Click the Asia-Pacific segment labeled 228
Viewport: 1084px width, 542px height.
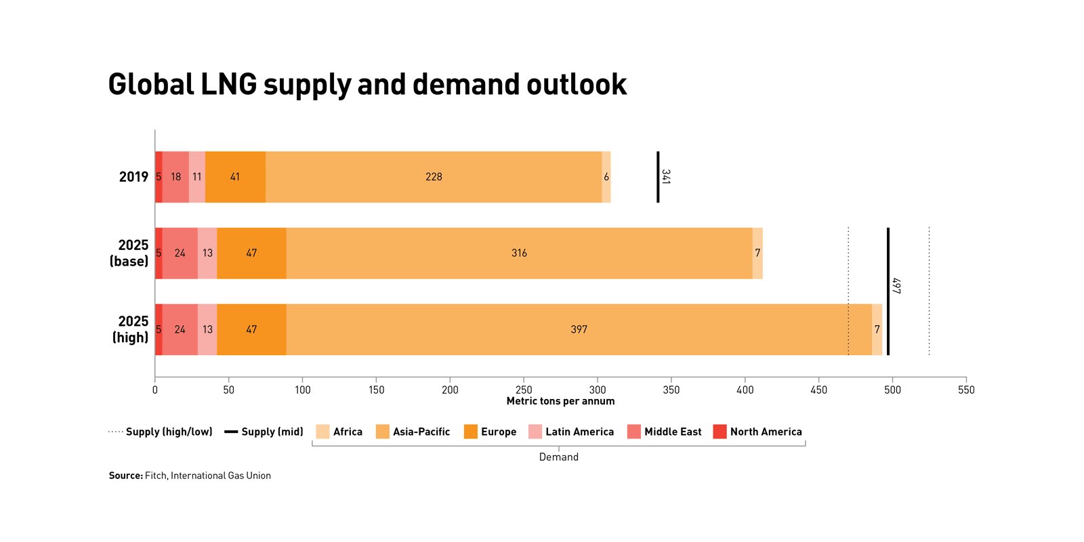[x=434, y=177]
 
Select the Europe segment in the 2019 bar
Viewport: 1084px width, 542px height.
[x=235, y=177]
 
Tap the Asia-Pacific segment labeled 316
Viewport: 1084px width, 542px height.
[x=519, y=253]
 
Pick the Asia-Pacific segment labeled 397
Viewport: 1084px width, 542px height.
[x=579, y=329]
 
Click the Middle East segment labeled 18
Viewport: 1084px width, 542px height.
[x=175, y=177]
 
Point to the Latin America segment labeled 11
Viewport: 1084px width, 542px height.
[x=196, y=177]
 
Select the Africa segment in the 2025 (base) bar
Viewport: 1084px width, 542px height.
[x=757, y=253]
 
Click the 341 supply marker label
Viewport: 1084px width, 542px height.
[x=666, y=177]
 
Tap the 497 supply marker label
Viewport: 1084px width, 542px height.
[x=896, y=285]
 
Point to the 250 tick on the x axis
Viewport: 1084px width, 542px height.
[x=524, y=390]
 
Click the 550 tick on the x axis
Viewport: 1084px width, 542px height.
[x=966, y=390]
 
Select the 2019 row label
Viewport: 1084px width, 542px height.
[x=133, y=177]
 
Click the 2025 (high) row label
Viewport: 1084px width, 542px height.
[x=131, y=329]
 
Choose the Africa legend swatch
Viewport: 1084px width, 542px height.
[x=322, y=432]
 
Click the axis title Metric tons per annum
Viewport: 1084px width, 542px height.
[x=560, y=401]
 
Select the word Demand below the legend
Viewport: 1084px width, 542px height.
[x=558, y=457]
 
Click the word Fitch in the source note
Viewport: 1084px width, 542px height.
[x=155, y=476]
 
